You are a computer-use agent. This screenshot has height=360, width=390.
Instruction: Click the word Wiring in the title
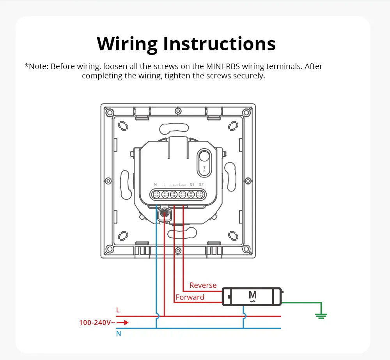tap(127, 44)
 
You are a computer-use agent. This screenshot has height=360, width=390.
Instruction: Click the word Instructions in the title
tap(220, 44)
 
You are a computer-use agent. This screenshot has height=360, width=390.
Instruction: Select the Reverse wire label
tap(203, 285)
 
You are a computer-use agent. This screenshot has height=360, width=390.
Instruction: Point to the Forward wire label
tap(190, 297)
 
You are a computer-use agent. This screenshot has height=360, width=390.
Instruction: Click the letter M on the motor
tap(252, 295)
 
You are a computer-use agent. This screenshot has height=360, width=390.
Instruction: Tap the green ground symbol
tap(321, 316)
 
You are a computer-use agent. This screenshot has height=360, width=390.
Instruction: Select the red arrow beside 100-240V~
tap(122, 323)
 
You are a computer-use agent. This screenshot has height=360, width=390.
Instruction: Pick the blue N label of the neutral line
tap(118, 334)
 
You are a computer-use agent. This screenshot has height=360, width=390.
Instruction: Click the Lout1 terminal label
tap(174, 184)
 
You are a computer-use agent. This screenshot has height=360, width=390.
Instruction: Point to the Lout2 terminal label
tap(183, 184)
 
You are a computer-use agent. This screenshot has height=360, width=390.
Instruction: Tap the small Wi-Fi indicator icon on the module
tap(204, 170)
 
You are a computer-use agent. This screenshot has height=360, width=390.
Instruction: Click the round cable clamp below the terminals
tap(165, 213)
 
